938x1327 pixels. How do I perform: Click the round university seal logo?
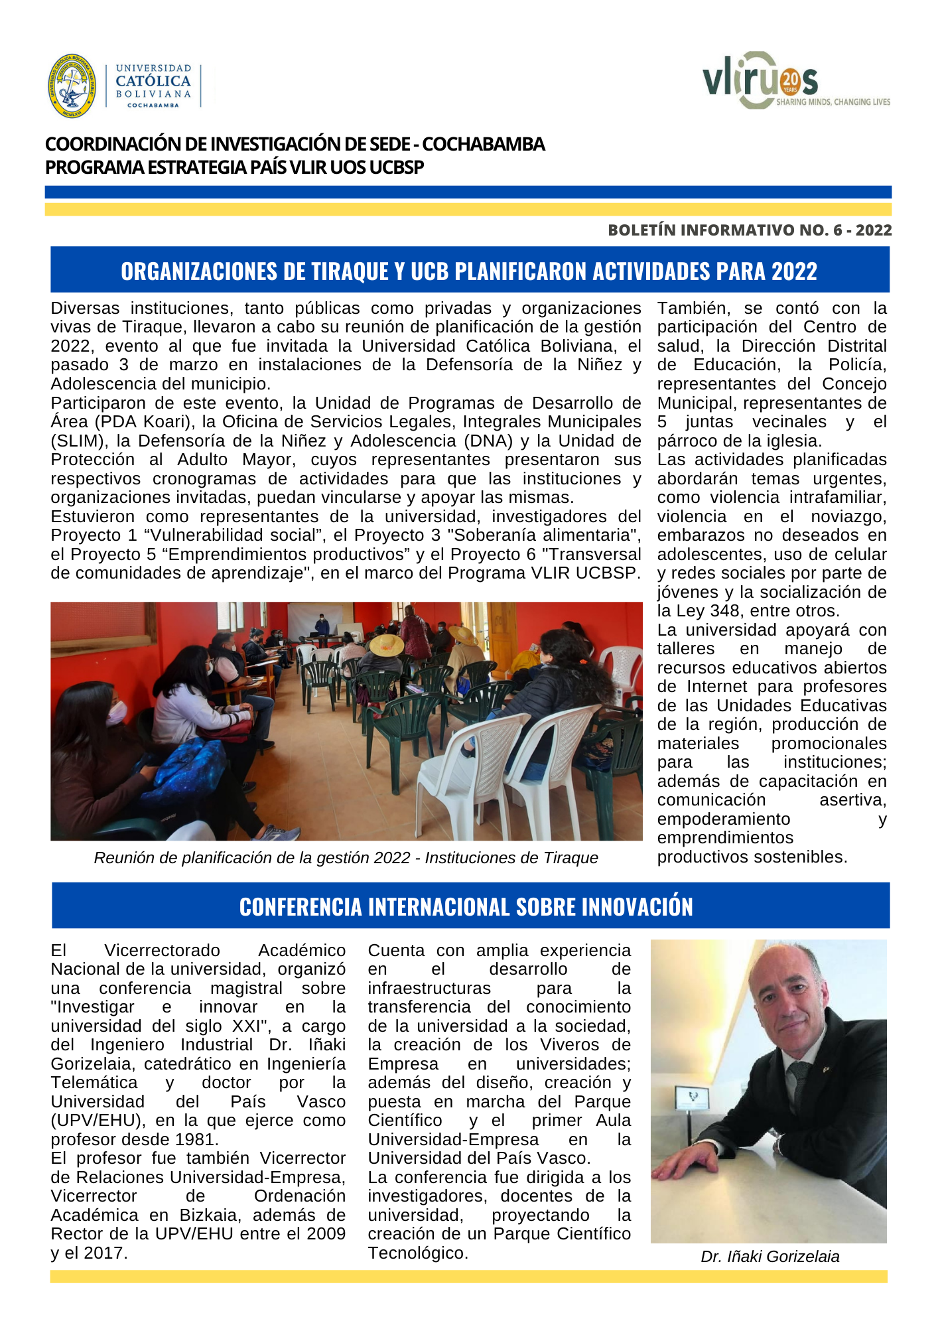pos(72,86)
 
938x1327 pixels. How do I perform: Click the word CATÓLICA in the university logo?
pos(153,81)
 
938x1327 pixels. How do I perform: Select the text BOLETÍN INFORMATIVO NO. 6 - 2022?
pos(750,230)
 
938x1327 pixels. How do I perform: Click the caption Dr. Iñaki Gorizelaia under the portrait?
pos(770,1257)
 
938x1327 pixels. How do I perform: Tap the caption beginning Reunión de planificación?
pos(346,858)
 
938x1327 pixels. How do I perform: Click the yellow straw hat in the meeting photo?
pos(387,644)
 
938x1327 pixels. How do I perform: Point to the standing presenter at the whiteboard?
pos(322,627)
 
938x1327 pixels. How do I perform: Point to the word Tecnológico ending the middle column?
pos(417,1253)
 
